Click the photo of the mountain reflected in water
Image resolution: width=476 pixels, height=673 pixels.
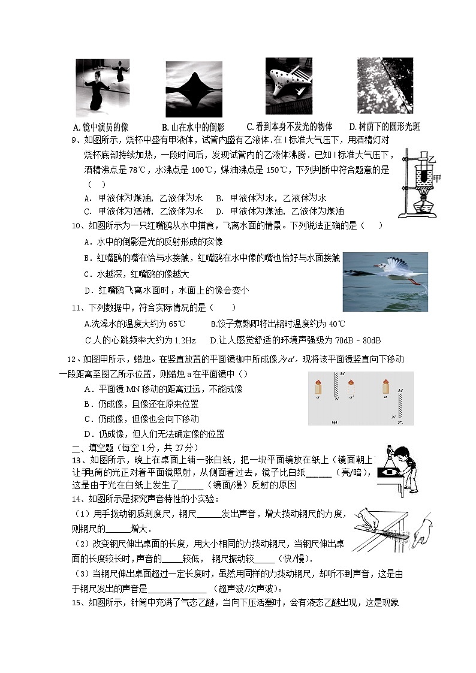pyautogui.click(x=194, y=89)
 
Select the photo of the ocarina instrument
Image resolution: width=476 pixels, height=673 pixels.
pyautogui.click(x=289, y=86)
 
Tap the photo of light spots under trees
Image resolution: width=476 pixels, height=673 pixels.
pyautogui.click(x=385, y=86)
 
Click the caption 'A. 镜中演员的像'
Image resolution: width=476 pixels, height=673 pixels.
pyautogui.click(x=100, y=127)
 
